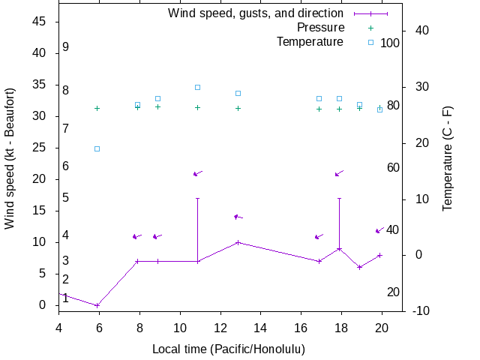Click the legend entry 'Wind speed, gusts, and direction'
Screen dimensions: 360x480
pos(255,13)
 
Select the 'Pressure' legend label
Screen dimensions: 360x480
pos(320,28)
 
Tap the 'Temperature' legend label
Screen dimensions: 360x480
pos(310,42)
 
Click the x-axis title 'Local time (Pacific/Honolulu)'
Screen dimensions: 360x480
pos(229,349)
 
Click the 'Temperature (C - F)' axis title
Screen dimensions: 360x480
pos(448,157)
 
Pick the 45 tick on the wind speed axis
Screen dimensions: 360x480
pos(40,22)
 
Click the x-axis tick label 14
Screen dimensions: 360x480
pos(260,328)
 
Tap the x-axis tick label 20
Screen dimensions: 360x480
pos(382,328)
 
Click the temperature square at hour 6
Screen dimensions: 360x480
pos(97,148)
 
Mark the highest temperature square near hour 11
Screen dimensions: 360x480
pos(198,87)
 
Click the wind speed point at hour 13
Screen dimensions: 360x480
pos(238,242)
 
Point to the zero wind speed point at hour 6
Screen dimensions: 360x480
pos(97,305)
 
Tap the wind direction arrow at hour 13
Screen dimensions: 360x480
pos(238,217)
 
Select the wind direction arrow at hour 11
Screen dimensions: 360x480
pos(198,173)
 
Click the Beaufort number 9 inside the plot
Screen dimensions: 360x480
pos(66,46)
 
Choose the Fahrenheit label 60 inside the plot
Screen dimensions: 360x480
pos(393,167)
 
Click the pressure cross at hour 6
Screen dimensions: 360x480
pos(97,108)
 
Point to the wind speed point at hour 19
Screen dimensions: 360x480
pos(360,267)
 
